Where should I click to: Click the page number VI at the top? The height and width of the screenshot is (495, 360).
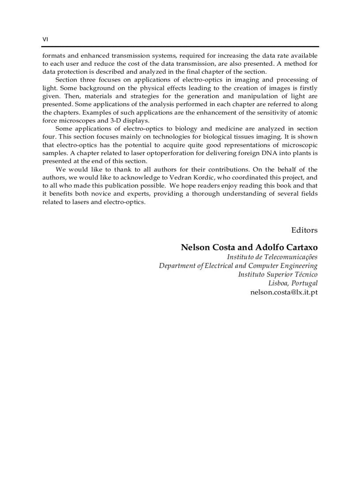45,39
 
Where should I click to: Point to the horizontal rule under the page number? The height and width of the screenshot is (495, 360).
180,47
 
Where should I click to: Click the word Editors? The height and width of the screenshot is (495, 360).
304,230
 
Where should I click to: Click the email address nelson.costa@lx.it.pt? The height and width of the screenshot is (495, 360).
284,292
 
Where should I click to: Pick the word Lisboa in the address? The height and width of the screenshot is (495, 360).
278,283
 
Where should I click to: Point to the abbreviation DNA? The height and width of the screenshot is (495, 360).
249,153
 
